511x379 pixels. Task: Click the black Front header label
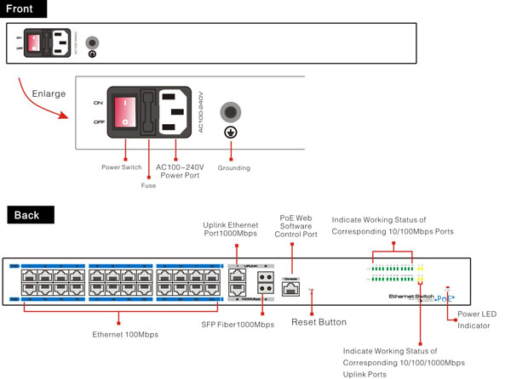pyautogui.click(x=25, y=9)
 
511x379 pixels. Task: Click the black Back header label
pyautogui.click(x=26, y=216)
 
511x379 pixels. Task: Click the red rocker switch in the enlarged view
pyautogui.click(x=125, y=111)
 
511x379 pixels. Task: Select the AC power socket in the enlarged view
pyautogui.click(x=176, y=112)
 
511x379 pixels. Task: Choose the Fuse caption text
pyautogui.click(x=148, y=185)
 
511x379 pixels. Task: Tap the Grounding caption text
pyautogui.click(x=233, y=168)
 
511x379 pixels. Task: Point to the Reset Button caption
pyautogui.click(x=319, y=322)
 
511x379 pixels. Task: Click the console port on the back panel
pyautogui.click(x=291, y=288)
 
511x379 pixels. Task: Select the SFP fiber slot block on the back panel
pyautogui.click(x=264, y=282)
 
